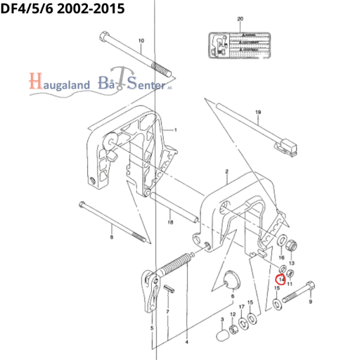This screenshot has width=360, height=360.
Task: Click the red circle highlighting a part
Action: pyautogui.click(x=281, y=279)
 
